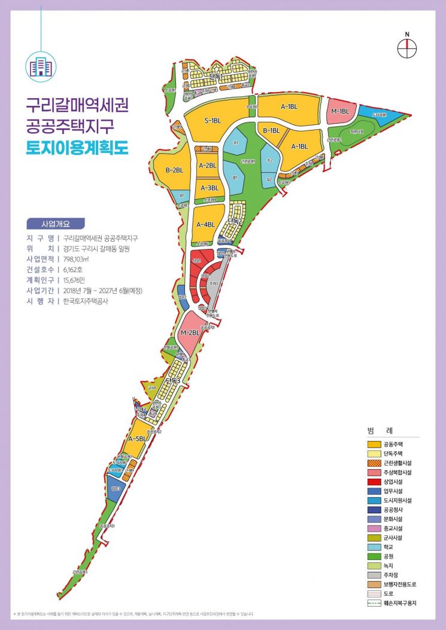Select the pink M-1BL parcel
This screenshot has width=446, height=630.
pyautogui.click(x=340, y=111)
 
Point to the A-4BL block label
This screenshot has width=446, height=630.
pyautogui.click(x=205, y=224)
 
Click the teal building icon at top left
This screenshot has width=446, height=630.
pyautogui.click(x=41, y=66)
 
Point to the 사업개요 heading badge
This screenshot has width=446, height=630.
pyautogui.click(x=56, y=224)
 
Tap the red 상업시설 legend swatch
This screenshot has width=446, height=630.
pyautogui.click(x=375, y=482)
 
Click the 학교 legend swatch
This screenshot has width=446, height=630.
pyautogui.click(x=375, y=547)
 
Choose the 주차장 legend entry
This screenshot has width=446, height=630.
pyautogui.click(x=389, y=575)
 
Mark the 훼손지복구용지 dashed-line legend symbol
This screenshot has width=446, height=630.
pyautogui.click(x=375, y=603)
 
